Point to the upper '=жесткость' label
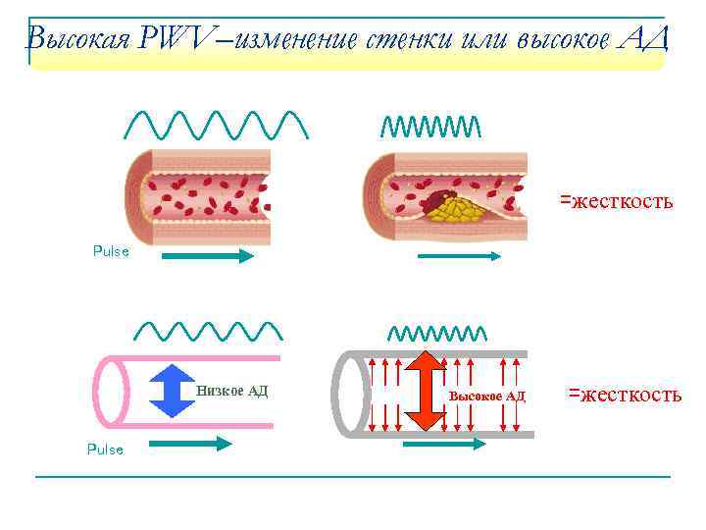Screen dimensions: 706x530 [x=616, y=201]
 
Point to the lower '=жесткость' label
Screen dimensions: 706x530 [x=625, y=395]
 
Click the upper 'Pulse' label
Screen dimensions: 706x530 [x=111, y=251]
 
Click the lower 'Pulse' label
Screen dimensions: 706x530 [x=105, y=450]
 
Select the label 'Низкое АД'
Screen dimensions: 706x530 [x=231, y=391]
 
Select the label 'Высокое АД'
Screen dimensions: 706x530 [x=486, y=396]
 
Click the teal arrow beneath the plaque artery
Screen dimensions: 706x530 [x=460, y=256]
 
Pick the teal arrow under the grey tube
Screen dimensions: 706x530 [x=443, y=444]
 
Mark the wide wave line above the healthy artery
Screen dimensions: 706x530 [x=218, y=124]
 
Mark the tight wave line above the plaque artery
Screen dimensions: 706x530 [x=430, y=126]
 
